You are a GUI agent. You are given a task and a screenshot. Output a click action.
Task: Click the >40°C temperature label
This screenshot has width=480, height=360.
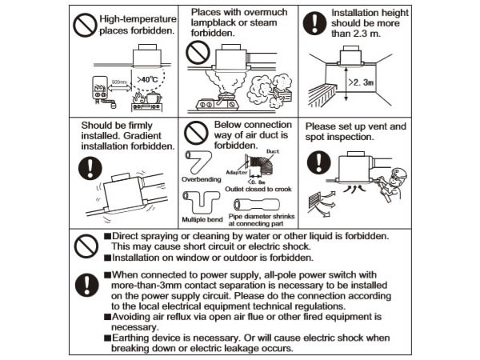point(147,79)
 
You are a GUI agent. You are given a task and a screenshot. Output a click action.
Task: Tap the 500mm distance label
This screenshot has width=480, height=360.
point(119,82)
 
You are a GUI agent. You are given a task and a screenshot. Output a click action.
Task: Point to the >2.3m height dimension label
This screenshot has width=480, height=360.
point(362,82)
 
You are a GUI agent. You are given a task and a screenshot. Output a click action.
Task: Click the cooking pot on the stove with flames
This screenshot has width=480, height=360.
point(154,98)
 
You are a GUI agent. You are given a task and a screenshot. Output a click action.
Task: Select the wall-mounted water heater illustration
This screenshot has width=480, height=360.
point(100,88)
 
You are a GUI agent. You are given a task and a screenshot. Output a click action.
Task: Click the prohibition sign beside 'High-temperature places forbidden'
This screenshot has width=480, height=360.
point(85,25)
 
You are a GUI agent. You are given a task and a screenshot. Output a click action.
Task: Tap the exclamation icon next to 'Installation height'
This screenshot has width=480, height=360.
point(314,23)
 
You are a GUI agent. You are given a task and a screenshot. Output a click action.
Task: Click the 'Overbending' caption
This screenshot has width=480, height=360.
point(202,179)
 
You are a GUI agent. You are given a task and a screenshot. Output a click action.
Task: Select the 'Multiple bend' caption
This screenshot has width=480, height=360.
point(202,219)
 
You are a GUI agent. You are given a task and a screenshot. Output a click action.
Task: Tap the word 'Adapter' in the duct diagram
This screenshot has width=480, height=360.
point(236,172)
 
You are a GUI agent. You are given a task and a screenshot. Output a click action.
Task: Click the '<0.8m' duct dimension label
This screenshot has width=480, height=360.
point(257,182)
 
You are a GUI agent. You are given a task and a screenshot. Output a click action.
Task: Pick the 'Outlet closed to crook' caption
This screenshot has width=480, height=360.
point(258,189)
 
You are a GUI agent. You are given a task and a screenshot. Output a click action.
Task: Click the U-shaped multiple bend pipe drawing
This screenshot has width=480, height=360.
point(201,202)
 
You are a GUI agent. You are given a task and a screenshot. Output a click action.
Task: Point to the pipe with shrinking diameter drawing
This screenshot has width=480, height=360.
point(257,204)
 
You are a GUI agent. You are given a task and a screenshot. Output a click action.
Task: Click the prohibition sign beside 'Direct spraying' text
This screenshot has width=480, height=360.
point(86,246)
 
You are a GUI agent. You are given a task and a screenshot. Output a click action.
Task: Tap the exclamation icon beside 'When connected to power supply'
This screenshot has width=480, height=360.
point(87,285)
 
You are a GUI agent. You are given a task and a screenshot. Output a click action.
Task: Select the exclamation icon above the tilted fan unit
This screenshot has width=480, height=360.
point(90,168)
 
